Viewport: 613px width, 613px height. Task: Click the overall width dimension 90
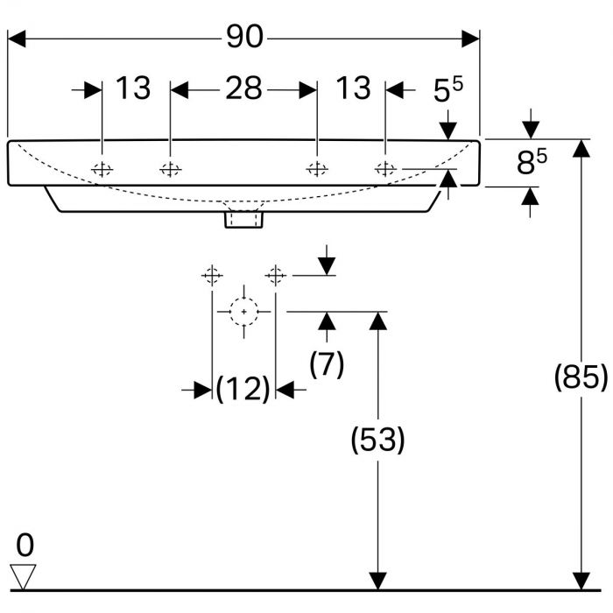point(244,38)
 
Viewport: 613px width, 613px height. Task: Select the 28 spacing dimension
point(243,88)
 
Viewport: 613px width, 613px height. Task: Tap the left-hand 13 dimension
point(133,88)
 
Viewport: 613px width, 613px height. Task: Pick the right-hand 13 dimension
point(353,88)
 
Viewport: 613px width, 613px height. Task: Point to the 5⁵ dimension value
point(448,89)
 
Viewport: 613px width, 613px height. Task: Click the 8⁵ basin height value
point(532,162)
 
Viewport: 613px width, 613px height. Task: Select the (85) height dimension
point(581,377)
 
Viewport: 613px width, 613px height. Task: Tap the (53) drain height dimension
point(377,440)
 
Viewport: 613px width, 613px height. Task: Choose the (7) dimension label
point(327,364)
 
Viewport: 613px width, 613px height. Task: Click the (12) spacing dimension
point(243,389)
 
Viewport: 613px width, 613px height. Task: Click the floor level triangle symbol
point(23,576)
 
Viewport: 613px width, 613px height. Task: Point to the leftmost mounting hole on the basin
point(102,170)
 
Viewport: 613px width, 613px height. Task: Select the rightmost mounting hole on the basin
point(385,169)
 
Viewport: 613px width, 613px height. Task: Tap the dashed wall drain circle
point(244,312)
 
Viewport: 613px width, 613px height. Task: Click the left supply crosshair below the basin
point(212,275)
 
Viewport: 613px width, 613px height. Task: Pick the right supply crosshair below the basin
point(276,275)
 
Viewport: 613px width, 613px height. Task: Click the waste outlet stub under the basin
point(243,219)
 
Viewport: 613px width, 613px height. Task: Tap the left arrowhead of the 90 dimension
point(17,39)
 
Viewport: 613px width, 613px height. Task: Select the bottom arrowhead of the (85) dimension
point(581,581)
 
